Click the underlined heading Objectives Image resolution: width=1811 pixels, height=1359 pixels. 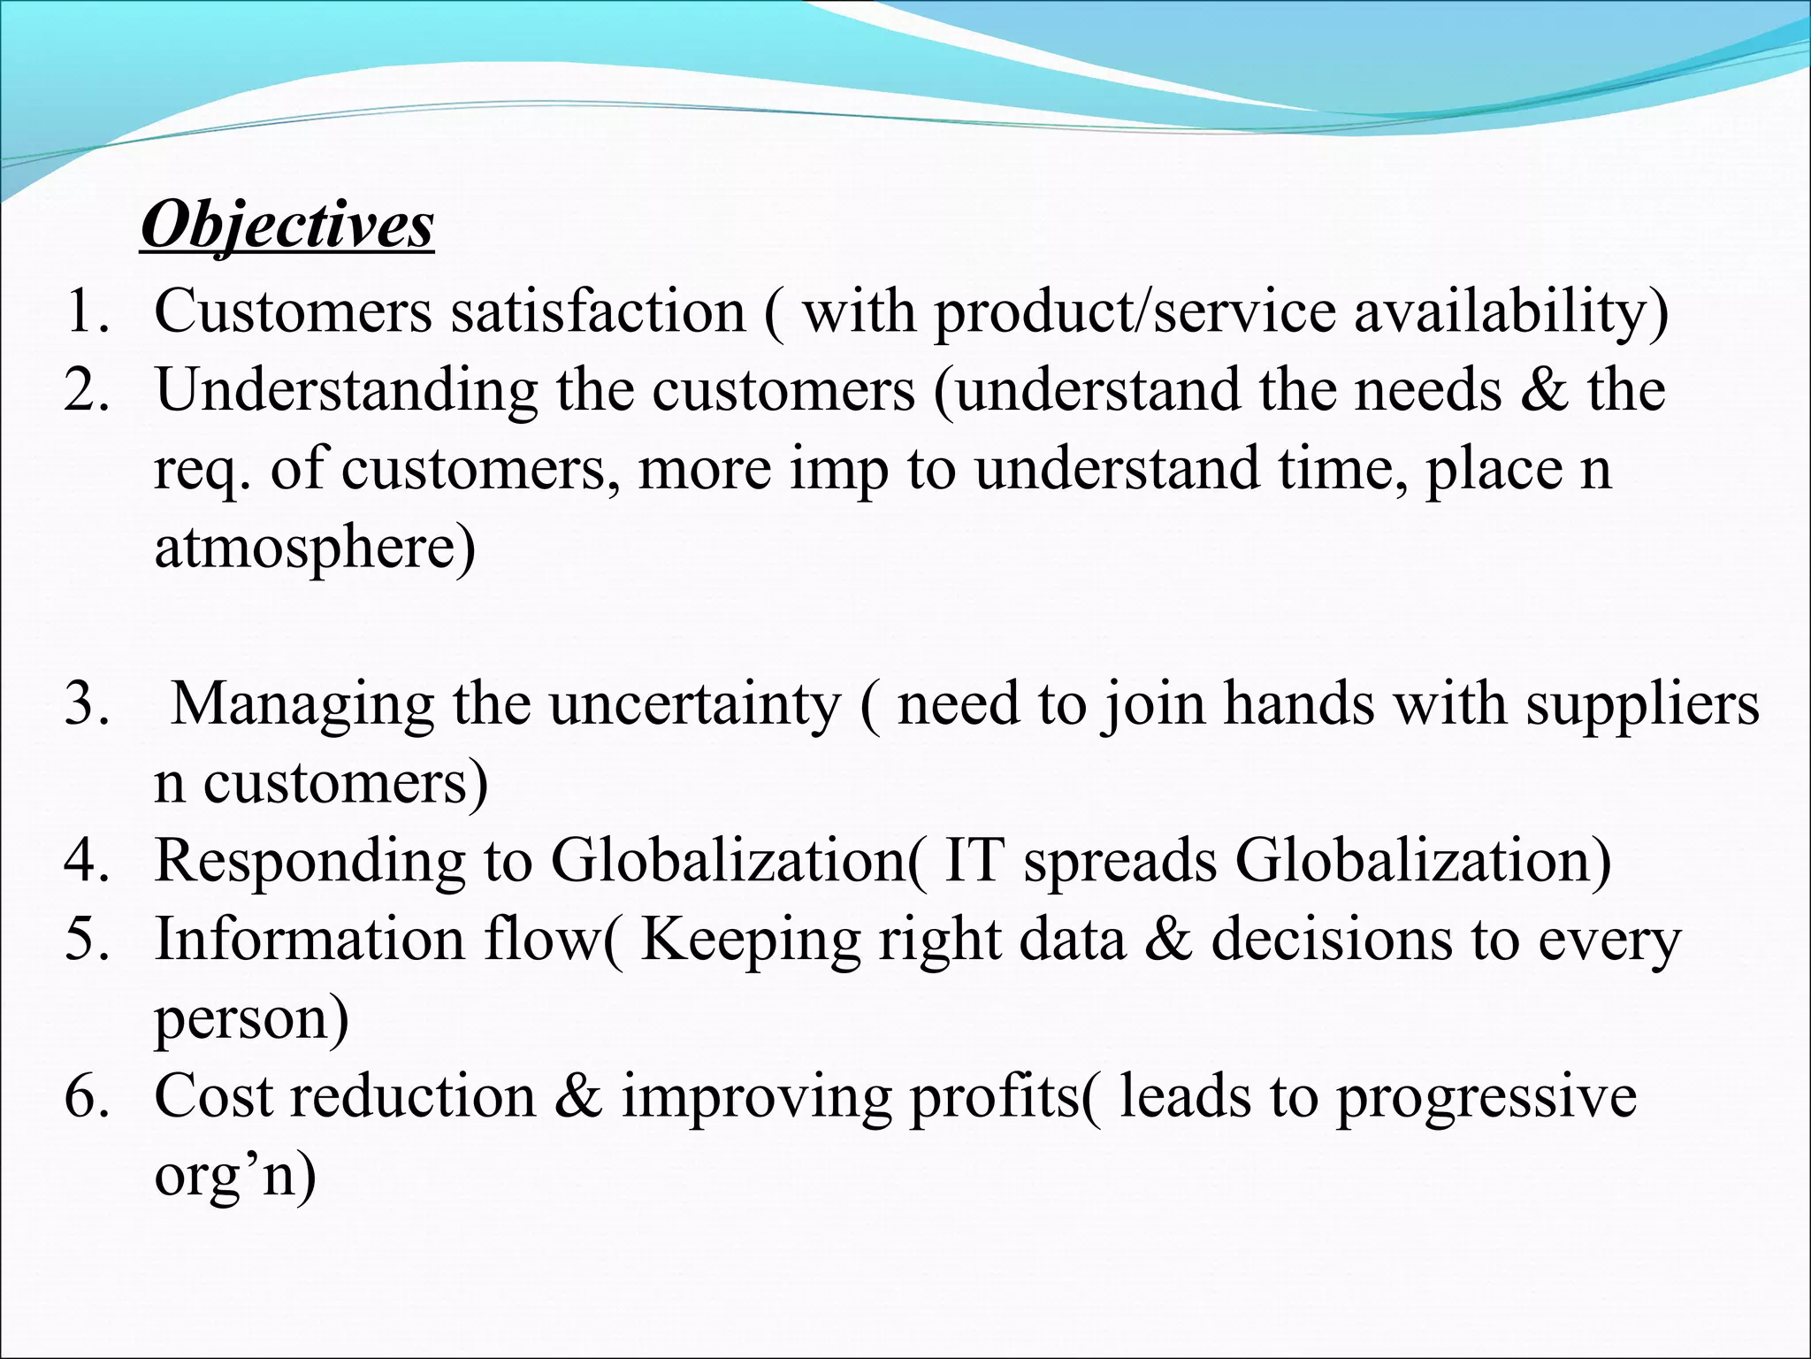[x=287, y=226]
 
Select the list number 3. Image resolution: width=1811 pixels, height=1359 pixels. [x=87, y=705]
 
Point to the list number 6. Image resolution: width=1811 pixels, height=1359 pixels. [x=87, y=1097]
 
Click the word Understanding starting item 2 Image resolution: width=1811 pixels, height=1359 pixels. [x=346, y=391]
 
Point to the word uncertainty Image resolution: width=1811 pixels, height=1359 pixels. [x=694, y=706]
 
